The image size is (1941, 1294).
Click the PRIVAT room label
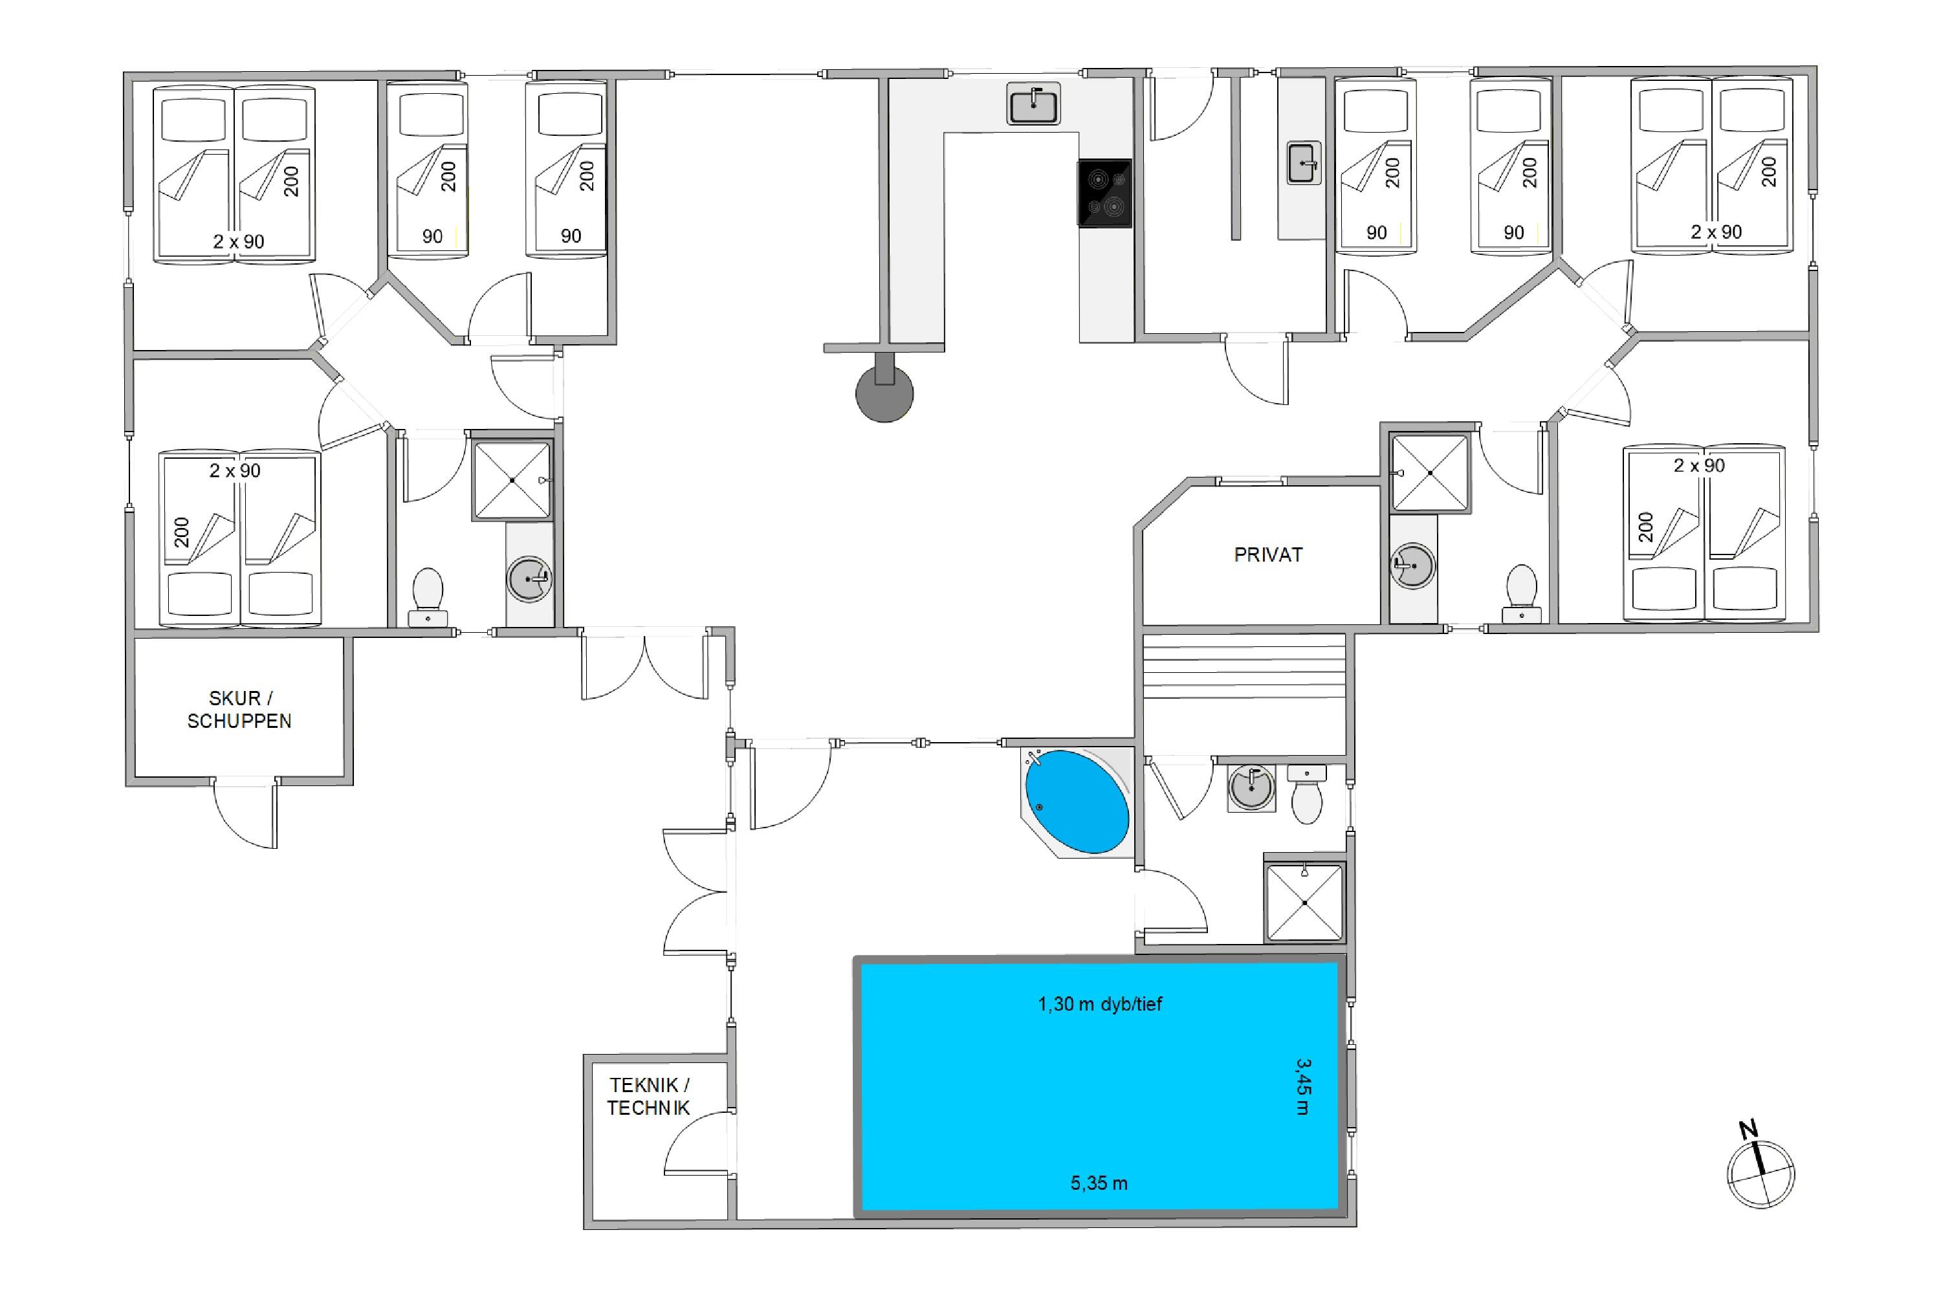tap(1267, 554)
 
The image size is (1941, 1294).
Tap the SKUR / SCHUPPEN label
tap(239, 710)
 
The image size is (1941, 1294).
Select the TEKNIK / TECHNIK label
tap(649, 1096)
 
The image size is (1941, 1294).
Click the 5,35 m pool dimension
tap(1099, 1183)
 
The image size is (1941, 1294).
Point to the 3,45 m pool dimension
tap(1302, 1087)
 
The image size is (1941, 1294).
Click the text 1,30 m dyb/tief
tap(1099, 1003)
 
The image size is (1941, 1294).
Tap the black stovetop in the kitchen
tap(1104, 193)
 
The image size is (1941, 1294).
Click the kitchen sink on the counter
tap(1033, 105)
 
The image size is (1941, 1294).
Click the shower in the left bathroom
tap(512, 480)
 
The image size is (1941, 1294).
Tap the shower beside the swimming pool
tap(1305, 903)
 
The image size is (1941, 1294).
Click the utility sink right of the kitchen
tap(1304, 162)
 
